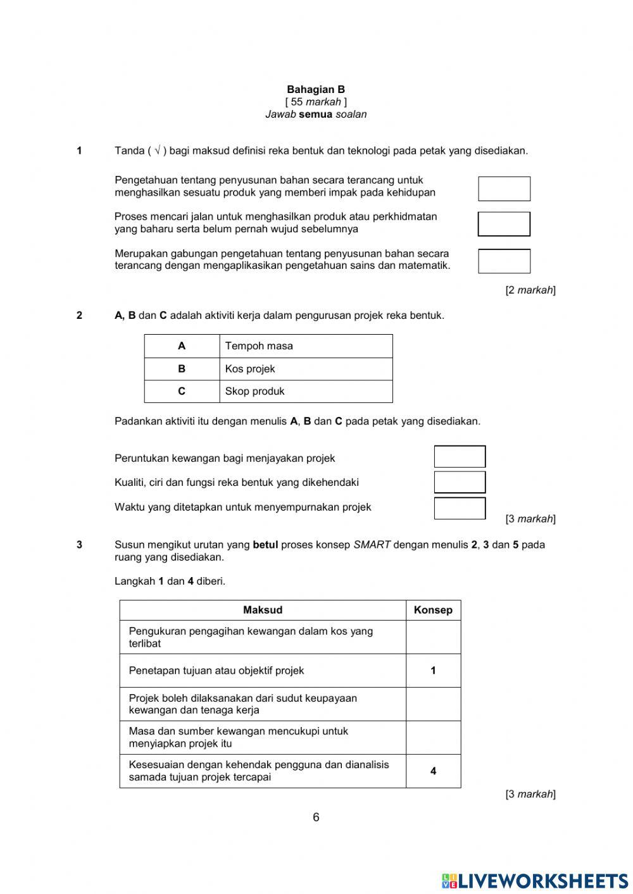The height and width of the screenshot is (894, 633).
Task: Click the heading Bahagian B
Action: tap(316, 90)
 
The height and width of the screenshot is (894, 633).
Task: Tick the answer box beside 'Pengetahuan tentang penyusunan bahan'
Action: tap(504, 189)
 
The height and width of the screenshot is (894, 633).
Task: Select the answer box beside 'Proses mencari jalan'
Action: tap(504, 224)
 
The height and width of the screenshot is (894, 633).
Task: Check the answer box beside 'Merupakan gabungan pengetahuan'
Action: tap(504, 261)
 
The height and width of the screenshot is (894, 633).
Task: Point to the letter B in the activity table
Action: tap(182, 369)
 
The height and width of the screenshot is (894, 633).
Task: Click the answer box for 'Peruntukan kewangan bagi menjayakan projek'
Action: tap(460, 457)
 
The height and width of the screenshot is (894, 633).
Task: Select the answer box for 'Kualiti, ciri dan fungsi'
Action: tap(460, 482)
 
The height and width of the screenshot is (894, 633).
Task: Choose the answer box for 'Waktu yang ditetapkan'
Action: tap(460, 508)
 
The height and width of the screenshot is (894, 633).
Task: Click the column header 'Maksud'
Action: tap(263, 610)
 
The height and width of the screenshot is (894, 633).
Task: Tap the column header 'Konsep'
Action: tap(433, 610)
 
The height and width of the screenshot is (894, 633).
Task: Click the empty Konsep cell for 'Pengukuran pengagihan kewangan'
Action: tap(433, 637)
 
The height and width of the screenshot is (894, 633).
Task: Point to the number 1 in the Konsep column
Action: tap(433, 671)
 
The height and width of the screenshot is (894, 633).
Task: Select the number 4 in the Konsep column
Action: tap(433, 771)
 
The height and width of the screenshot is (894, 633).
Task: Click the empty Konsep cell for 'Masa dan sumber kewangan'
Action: tap(433, 738)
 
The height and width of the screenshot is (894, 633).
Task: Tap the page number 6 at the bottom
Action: tap(316, 817)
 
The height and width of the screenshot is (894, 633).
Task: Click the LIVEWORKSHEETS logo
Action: tap(535, 881)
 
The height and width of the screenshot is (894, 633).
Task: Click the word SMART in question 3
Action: tap(372, 545)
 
